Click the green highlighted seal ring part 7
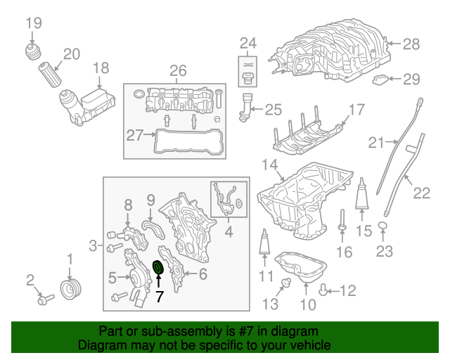(x=158, y=268)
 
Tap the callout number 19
(x=34, y=23)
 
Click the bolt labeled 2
(x=44, y=299)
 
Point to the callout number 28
(x=411, y=44)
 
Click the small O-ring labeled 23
(x=383, y=225)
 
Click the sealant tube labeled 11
(x=266, y=243)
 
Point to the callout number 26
(x=178, y=70)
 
